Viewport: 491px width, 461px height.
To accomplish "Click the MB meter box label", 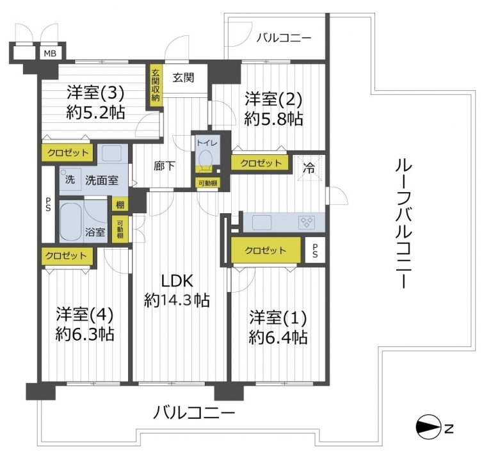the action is click(50, 54).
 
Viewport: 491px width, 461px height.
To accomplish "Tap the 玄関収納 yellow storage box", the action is click(156, 86).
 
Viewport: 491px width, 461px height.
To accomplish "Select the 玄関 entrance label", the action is click(184, 77).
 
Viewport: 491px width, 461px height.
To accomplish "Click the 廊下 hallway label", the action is click(164, 166).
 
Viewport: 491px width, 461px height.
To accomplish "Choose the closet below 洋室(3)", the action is click(68, 153).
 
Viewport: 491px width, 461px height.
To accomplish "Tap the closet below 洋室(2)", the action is click(260, 163).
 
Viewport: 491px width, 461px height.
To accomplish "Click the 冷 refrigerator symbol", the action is click(309, 169).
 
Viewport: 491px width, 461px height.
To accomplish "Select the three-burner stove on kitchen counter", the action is click(307, 222).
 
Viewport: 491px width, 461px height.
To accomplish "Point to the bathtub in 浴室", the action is click(70, 222).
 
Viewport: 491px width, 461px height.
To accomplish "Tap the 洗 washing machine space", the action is click(70, 180).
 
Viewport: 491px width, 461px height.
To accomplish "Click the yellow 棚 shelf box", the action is click(120, 205).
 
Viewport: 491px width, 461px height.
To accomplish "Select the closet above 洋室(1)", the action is click(266, 250).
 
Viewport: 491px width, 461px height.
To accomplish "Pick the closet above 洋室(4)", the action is click(67, 256).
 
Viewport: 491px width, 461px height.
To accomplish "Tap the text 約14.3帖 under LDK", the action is click(177, 301).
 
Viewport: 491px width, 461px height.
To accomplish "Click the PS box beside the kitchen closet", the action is click(315, 250).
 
